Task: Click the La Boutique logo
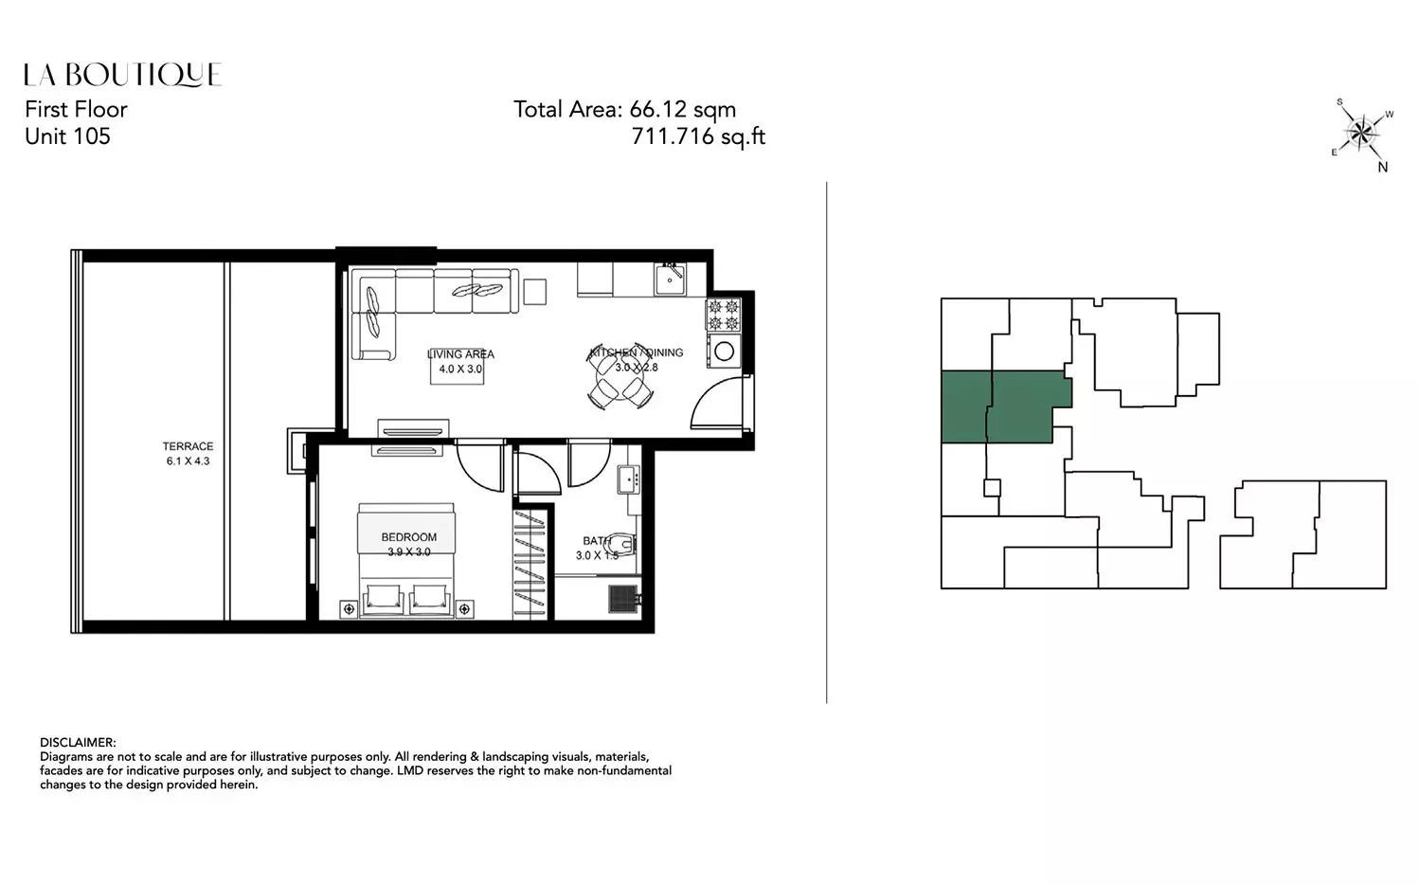coord(123,75)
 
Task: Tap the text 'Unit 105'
coord(68,136)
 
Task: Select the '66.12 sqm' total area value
coord(682,110)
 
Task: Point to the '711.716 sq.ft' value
coord(698,136)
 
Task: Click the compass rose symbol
coord(1361,133)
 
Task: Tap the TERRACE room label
coord(189,446)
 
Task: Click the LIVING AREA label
coord(460,354)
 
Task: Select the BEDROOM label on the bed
coord(408,537)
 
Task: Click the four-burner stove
coord(724,315)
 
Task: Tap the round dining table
coord(620,379)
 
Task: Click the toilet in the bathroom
coord(621,544)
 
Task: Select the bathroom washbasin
coord(628,479)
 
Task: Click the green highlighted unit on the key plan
coord(1006,406)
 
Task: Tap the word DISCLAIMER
coord(78,743)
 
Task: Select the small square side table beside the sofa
coord(534,292)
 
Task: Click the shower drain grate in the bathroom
coord(622,599)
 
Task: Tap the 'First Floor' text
coord(76,110)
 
